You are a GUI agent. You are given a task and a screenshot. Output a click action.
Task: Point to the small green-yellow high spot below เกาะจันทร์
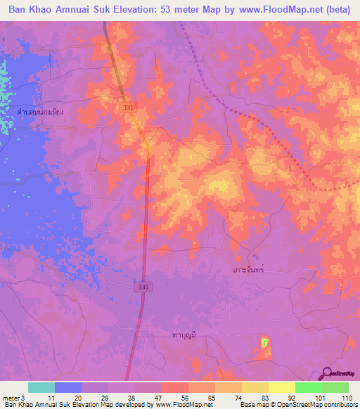pos(265,343)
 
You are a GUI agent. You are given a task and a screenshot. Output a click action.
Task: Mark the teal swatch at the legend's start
pos(41,387)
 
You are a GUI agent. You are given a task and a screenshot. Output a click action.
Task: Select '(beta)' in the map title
pos(337,10)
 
